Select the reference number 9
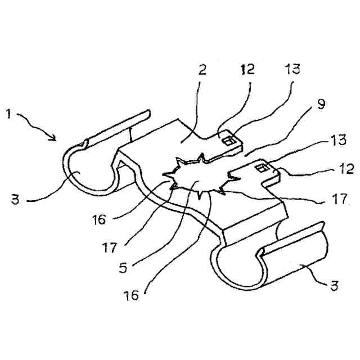click(x=320, y=105)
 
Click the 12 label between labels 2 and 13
click(x=247, y=70)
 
